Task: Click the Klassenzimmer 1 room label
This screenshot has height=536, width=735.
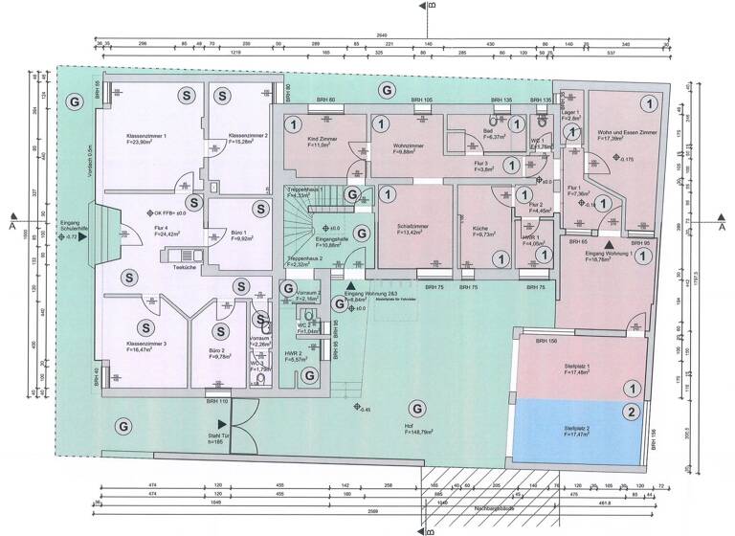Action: [x=146, y=137]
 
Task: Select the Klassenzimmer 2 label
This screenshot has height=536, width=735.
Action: [x=234, y=137]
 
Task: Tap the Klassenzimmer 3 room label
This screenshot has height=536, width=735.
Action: [x=146, y=344]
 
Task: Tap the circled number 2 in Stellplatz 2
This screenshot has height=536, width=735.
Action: [x=632, y=413]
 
